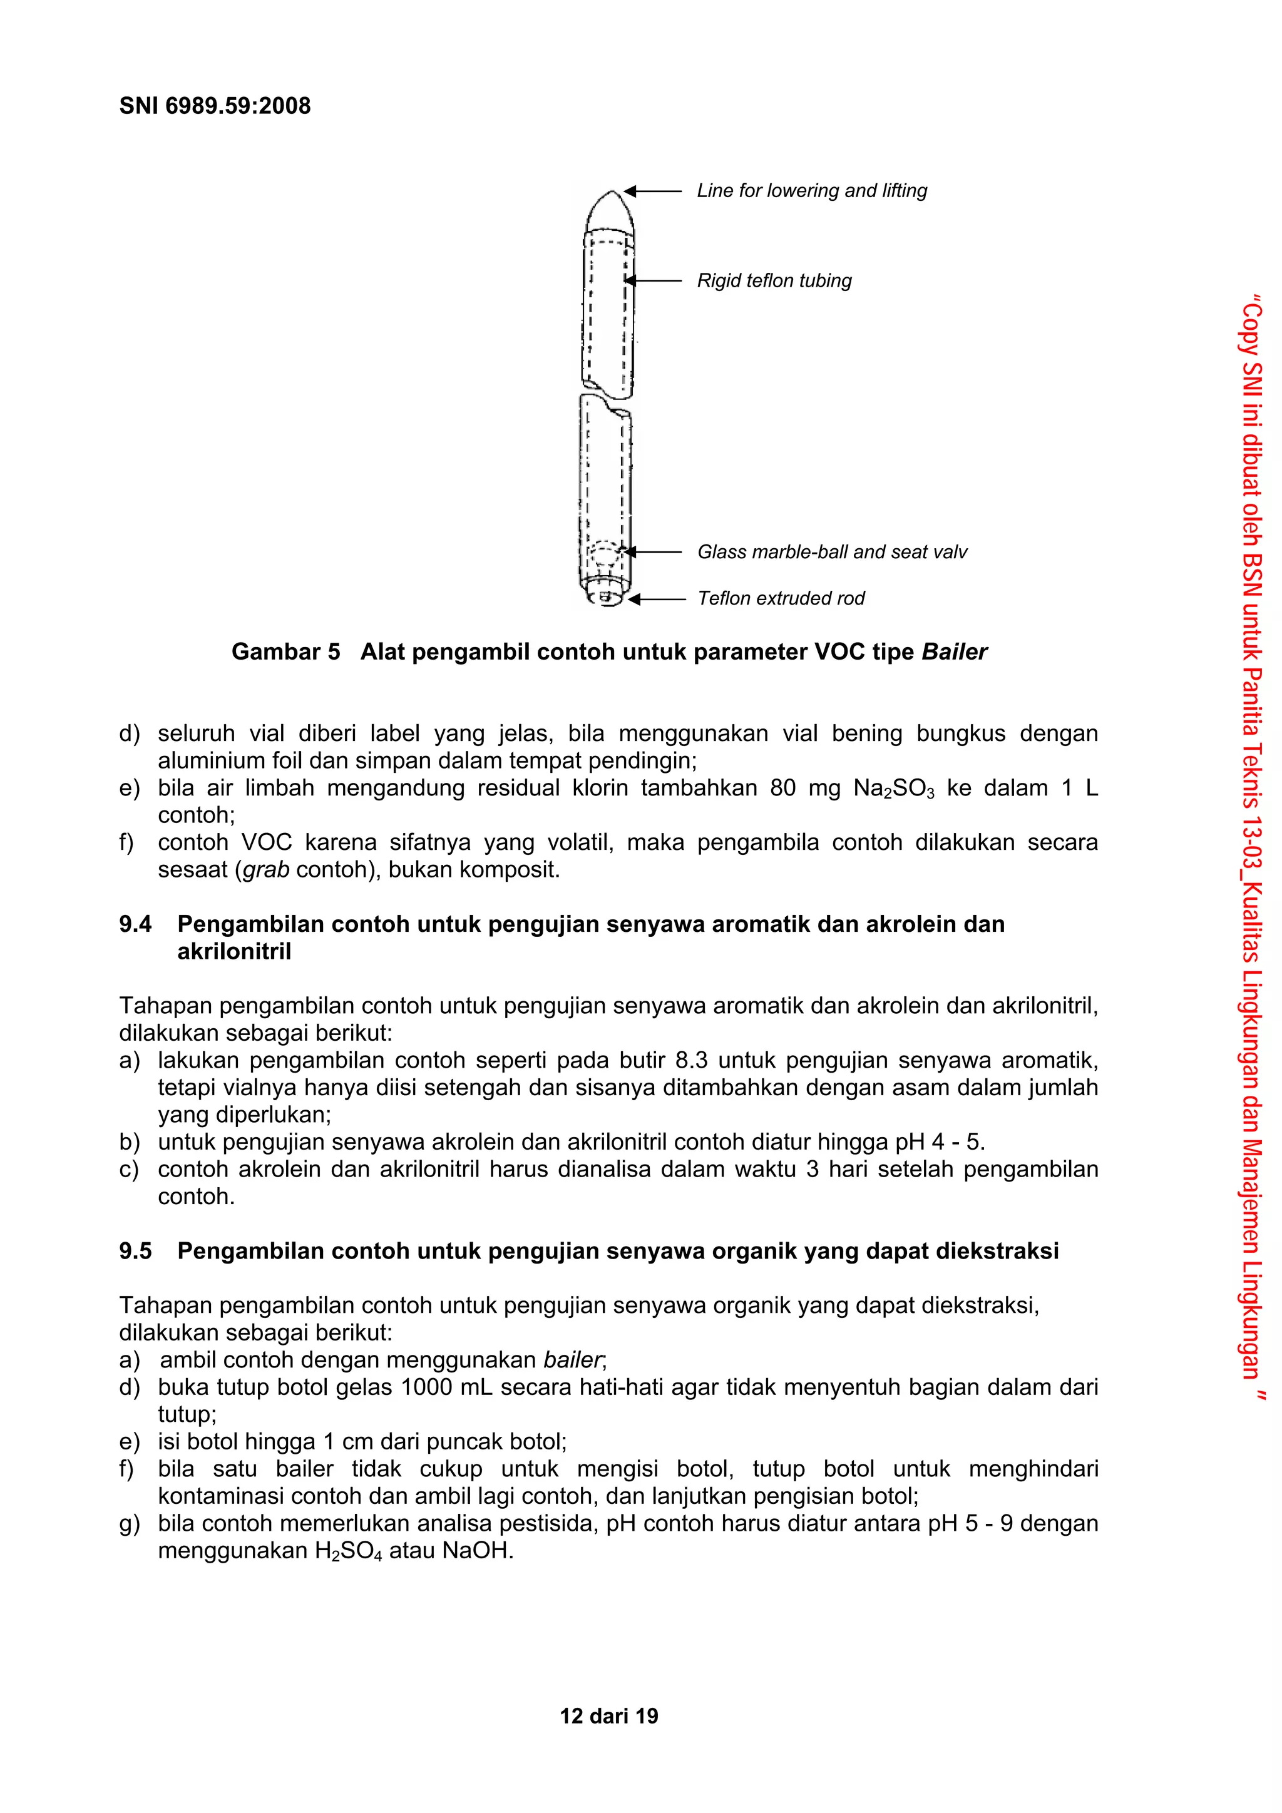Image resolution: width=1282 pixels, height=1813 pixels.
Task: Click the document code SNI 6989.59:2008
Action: click(215, 106)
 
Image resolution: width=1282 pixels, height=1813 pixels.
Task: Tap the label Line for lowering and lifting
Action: click(811, 190)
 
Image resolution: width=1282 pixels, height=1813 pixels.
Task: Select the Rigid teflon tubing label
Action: click(774, 280)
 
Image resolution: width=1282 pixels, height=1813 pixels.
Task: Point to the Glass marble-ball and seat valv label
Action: click(832, 552)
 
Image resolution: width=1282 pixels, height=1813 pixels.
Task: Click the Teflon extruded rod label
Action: click(781, 598)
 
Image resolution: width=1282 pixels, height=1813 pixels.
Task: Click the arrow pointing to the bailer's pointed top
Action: click(652, 190)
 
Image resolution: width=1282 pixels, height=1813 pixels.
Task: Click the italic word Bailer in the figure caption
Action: click(954, 652)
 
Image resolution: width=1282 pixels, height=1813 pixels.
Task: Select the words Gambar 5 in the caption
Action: click(285, 652)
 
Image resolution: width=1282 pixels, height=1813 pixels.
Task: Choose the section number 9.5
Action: click(135, 1252)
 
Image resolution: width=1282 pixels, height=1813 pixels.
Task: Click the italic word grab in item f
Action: click(265, 870)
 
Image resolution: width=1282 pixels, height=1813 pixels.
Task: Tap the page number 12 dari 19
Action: click(608, 1716)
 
